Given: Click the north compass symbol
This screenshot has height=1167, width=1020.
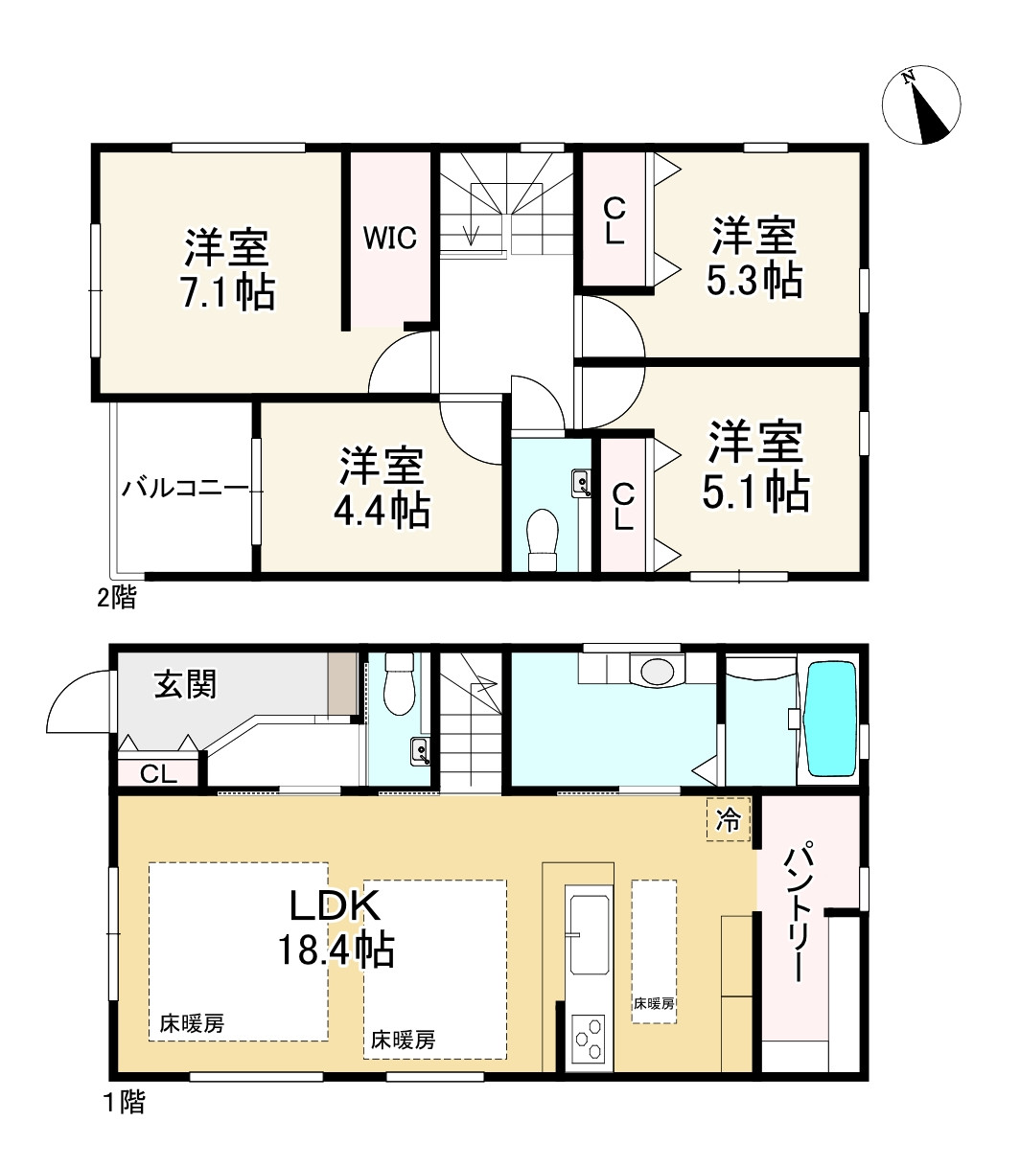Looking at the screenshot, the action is pyautogui.click(x=920, y=105).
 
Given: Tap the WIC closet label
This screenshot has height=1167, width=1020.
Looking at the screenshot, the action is pyautogui.click(x=390, y=238).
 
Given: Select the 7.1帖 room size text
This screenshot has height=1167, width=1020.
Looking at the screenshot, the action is pyautogui.click(x=228, y=292).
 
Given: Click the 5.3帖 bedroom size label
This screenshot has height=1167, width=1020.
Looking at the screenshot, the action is pyautogui.click(x=754, y=280).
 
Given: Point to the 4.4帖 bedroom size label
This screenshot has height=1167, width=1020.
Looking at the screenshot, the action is pyautogui.click(x=382, y=510).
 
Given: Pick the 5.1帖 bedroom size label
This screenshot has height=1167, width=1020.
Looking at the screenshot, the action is pyautogui.click(x=755, y=491).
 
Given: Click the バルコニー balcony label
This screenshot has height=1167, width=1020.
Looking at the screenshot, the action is pyautogui.click(x=185, y=489).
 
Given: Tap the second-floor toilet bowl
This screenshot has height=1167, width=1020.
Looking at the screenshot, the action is pyautogui.click(x=542, y=539).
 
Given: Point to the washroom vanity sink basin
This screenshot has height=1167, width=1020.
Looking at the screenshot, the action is pyautogui.click(x=657, y=671).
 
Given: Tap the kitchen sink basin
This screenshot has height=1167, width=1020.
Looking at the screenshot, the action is pyautogui.click(x=590, y=935).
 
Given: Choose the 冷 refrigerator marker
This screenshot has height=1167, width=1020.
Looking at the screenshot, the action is pyautogui.click(x=729, y=820).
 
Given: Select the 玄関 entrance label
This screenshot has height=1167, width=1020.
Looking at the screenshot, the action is pyautogui.click(x=185, y=684).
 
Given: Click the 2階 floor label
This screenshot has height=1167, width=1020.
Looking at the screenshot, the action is pyautogui.click(x=116, y=598).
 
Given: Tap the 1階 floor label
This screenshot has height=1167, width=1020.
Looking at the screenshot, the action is pyautogui.click(x=125, y=1102).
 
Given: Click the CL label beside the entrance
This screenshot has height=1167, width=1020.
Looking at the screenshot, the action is pyautogui.click(x=158, y=774).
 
